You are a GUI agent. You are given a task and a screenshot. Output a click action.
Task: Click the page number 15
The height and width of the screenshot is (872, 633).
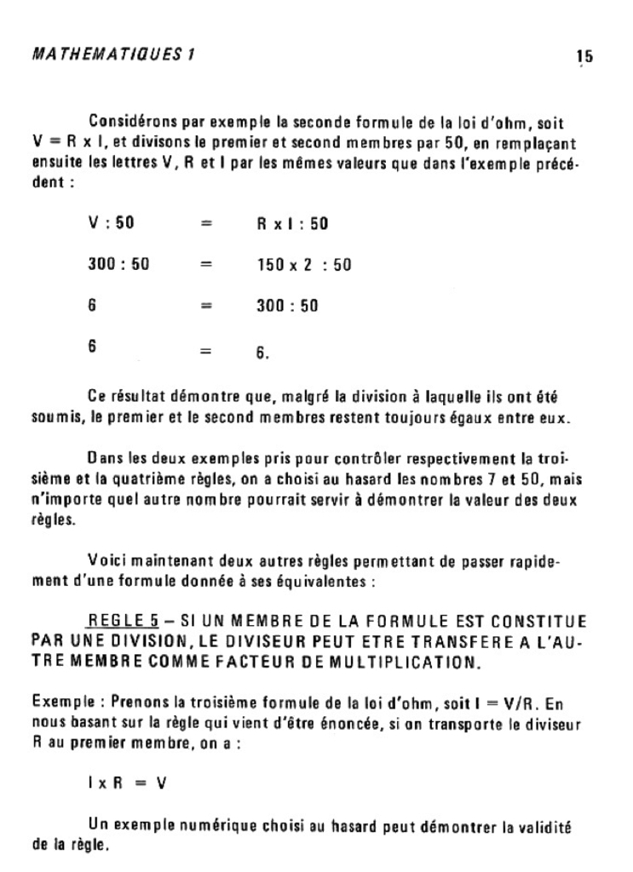[x=584, y=57]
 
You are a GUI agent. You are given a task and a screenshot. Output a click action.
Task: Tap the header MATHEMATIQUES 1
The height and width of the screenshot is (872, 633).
[x=113, y=54]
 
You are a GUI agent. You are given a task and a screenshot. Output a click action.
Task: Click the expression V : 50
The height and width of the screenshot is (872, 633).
[x=111, y=224]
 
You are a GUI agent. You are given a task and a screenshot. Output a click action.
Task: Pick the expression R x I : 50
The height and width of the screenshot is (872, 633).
[x=292, y=224]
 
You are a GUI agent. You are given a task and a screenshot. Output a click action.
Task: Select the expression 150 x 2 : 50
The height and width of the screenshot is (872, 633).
[x=304, y=265]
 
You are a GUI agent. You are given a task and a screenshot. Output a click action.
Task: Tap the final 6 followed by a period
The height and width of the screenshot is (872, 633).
[x=262, y=350]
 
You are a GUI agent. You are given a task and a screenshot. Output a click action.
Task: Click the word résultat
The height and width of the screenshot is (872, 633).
[x=144, y=397]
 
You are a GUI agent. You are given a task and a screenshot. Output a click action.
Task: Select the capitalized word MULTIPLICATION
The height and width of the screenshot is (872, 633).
[x=406, y=661]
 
